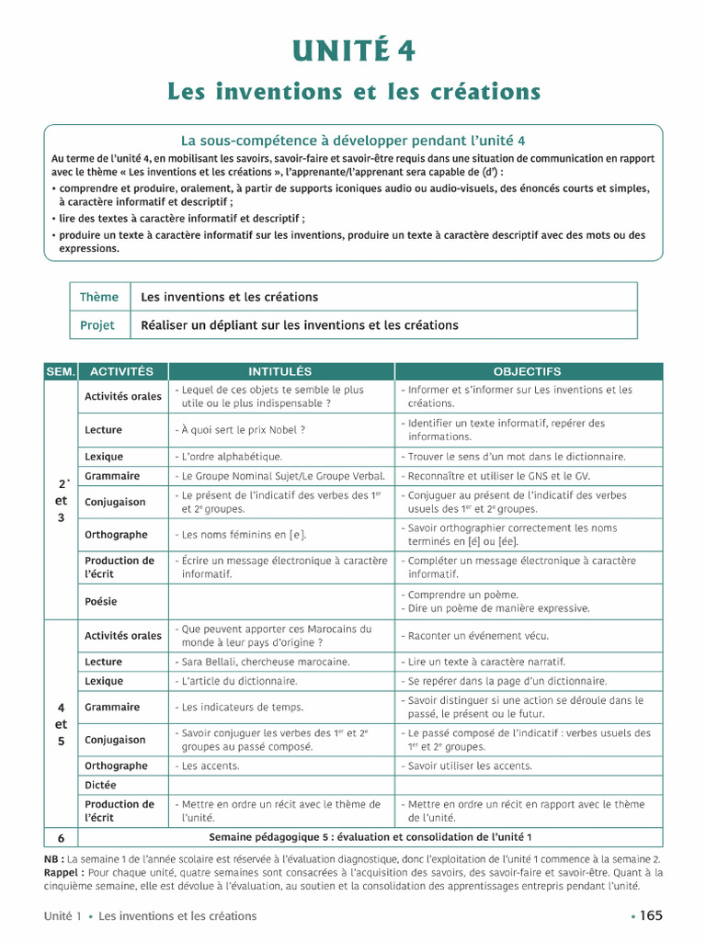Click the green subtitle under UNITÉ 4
tap(353, 92)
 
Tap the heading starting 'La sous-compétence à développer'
tap(353, 141)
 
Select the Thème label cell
tap(99, 297)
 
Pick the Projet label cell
tap(97, 324)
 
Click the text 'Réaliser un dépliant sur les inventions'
tap(299, 324)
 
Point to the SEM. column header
tap(61, 371)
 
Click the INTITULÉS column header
tap(280, 371)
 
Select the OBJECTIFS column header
tap(527, 371)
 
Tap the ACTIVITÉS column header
tap(122, 371)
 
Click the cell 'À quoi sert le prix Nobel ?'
tap(240, 430)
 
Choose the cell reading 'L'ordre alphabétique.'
tap(230, 457)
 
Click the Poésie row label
tap(102, 602)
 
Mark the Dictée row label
tap(101, 786)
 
